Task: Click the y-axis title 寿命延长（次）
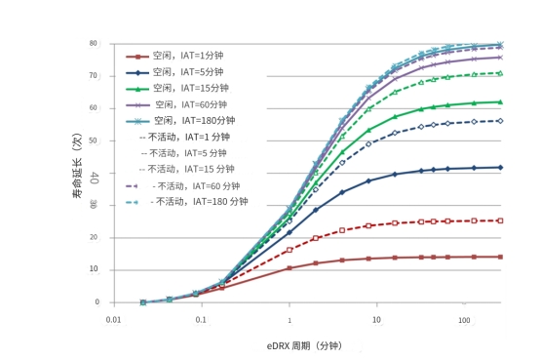78,166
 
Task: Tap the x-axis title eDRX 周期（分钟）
304,346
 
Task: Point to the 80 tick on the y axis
93,44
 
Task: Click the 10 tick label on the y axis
94,269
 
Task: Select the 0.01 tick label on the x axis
114,320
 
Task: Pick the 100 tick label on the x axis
464,320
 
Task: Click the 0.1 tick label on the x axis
201,320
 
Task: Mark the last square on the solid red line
500,257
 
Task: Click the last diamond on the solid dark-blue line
500,168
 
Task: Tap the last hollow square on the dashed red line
500,220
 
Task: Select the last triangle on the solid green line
500,102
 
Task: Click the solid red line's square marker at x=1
289,268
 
